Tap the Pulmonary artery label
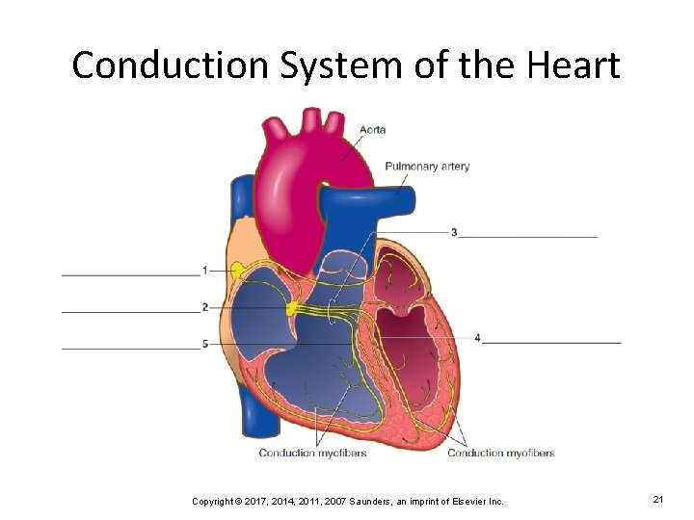tap(427, 166)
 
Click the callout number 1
tap(205, 271)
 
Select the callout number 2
tap(205, 307)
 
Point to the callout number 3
tap(454, 232)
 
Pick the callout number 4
tap(478, 338)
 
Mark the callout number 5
tap(205, 344)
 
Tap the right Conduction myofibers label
tap(500, 453)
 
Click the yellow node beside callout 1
tap(234, 268)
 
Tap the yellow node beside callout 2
tap(292, 308)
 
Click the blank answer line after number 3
tap(528, 235)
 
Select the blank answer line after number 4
tap(552, 342)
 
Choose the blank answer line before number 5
tap(130, 348)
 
